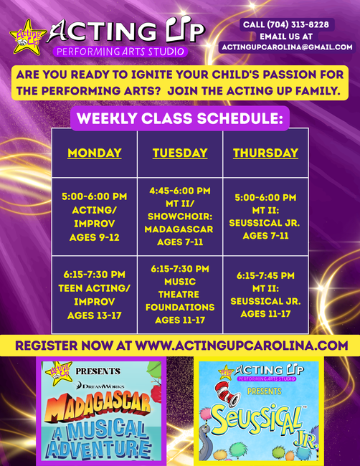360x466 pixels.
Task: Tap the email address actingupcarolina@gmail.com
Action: point(287,47)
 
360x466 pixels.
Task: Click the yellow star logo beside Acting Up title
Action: point(28,38)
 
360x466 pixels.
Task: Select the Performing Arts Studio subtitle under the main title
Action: point(120,52)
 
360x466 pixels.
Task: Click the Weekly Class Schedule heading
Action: point(180,118)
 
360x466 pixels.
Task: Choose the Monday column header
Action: point(95,153)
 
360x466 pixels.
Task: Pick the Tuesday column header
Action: point(180,153)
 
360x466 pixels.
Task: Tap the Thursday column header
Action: point(265,153)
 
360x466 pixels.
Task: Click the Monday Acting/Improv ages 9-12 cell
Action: point(95,217)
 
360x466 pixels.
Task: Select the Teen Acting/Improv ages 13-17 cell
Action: point(95,295)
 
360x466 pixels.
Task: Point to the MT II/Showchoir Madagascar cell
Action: point(180,217)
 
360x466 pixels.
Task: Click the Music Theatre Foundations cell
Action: point(180,295)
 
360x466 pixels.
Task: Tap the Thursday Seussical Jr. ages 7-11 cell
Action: point(265,217)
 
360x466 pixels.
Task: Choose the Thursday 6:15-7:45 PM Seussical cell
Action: point(265,295)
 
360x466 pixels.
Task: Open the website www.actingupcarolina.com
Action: point(242,346)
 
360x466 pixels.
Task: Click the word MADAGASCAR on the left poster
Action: point(98,406)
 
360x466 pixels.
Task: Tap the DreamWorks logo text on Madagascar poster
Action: point(100,386)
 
